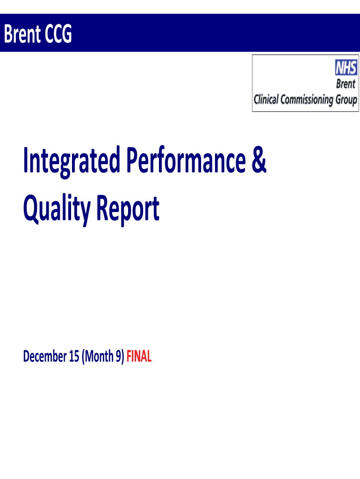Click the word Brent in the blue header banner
point(22,34)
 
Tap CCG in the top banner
point(58,34)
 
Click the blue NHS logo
point(346,67)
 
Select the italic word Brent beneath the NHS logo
point(346,84)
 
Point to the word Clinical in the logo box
point(266,99)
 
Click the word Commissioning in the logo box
point(307,100)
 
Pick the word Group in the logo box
point(346,100)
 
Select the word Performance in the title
point(186,160)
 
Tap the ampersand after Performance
point(259,160)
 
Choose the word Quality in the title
point(57,210)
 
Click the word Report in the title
point(128,210)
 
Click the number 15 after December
point(74,356)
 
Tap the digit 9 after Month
point(118,356)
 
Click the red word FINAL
point(139,356)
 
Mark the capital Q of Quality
point(31,208)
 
